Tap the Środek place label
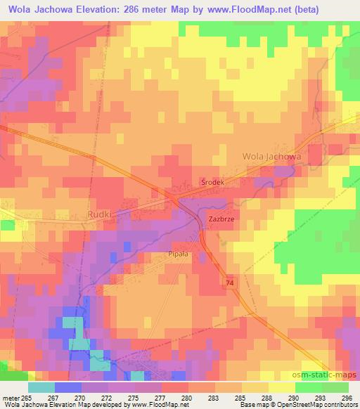pyautogui.click(x=212, y=181)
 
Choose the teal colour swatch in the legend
pyautogui.click(x=41, y=387)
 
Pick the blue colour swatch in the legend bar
pyautogui.click(x=68, y=387)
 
